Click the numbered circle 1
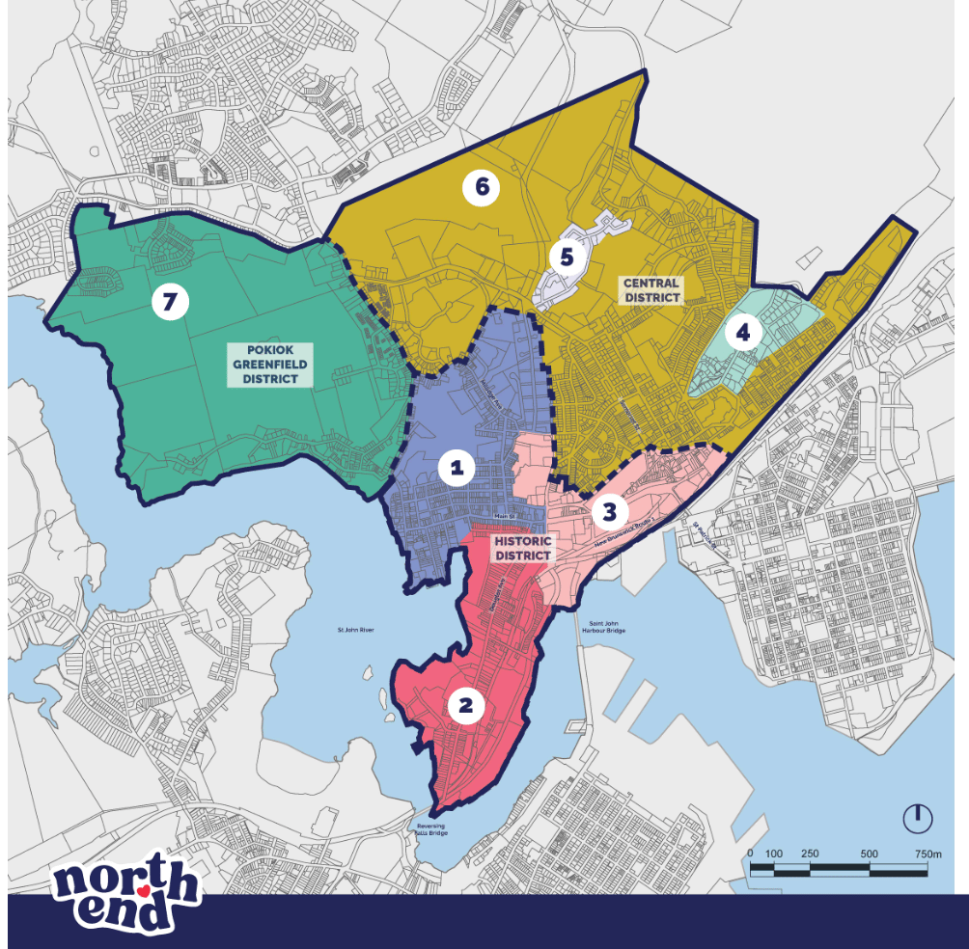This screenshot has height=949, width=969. pyautogui.click(x=456, y=469)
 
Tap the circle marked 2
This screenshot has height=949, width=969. pyautogui.click(x=465, y=706)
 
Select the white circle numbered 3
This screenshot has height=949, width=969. pyautogui.click(x=609, y=510)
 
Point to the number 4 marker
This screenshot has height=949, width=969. pyautogui.click(x=742, y=334)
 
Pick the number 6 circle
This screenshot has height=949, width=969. pyautogui.click(x=481, y=188)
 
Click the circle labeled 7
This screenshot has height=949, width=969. pyautogui.click(x=170, y=302)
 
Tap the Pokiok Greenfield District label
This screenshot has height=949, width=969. pyautogui.click(x=270, y=365)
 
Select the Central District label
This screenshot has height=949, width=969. pyautogui.click(x=651, y=289)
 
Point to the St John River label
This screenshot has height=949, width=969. pyautogui.click(x=354, y=631)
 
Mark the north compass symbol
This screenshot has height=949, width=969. pyautogui.click(x=917, y=818)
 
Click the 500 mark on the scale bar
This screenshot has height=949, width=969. pyautogui.click(x=870, y=854)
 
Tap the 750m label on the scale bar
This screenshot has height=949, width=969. pyautogui.click(x=927, y=854)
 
